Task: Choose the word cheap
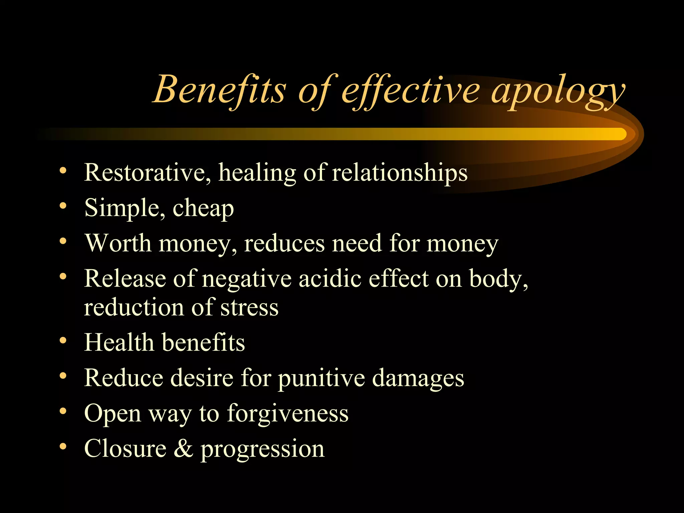point(203,209)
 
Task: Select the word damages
point(418,378)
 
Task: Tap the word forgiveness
point(288,413)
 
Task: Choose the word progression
point(262,450)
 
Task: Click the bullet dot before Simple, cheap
point(63,206)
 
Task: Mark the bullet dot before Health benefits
point(63,341)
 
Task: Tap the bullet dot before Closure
point(63,446)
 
